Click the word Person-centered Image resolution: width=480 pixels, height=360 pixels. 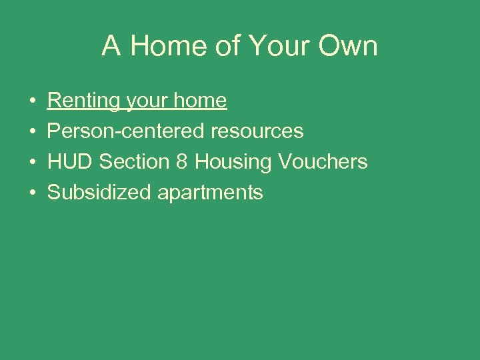[x=126, y=131]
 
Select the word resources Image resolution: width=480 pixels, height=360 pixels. [x=257, y=131]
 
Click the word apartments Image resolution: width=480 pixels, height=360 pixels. [x=210, y=193]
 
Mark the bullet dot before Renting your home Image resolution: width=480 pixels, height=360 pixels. [x=33, y=101]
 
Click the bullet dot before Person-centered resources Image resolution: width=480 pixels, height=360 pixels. [x=33, y=132]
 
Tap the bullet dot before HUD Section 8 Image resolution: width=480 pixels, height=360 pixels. [x=33, y=163]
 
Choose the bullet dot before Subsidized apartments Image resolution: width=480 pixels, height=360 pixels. [x=33, y=193]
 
